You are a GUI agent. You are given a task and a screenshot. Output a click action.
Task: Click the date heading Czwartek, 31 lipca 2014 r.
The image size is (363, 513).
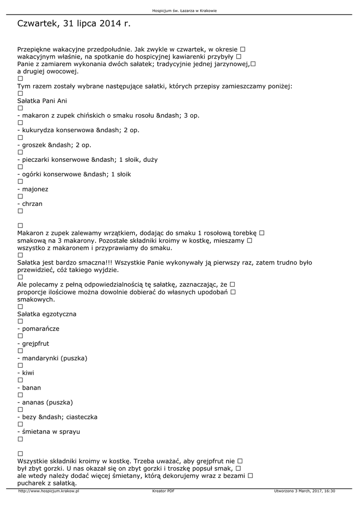(x=74, y=24)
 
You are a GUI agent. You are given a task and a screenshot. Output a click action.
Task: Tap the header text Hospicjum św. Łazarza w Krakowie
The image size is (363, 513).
(x=181, y=11)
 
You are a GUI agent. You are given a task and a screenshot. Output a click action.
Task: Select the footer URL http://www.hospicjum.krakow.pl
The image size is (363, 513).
(x=49, y=491)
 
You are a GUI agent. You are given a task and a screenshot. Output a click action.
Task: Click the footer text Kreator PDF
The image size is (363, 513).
(x=163, y=491)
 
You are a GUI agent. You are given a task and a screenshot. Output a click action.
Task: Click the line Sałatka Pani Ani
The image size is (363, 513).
(x=42, y=101)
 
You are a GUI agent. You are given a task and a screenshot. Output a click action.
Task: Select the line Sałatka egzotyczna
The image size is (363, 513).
(x=47, y=314)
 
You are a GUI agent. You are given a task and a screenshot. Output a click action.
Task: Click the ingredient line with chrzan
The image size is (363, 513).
(x=31, y=204)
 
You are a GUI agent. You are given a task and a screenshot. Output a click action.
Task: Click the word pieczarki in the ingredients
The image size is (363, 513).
(x=36, y=160)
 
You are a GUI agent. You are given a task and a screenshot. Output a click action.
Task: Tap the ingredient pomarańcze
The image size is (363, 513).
(x=40, y=329)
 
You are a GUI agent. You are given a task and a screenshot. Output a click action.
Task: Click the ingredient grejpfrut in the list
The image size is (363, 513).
(x=35, y=344)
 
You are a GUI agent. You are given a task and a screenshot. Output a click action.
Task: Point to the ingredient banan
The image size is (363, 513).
(x=31, y=388)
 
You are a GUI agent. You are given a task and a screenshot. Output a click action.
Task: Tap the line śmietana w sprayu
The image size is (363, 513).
(x=50, y=431)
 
